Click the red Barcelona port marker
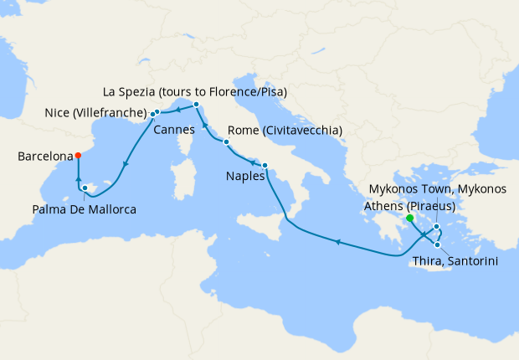pos(77,155)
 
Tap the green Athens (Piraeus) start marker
pos(409,219)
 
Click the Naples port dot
pos(265,165)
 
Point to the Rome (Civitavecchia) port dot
pos(226,142)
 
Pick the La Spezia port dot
pos(196,105)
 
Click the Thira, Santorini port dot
pos(437,244)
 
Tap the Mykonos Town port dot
pos(437,227)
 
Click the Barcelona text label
pos(44,156)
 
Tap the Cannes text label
pos(173,130)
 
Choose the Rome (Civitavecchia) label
pos(285,131)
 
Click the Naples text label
pos(245,177)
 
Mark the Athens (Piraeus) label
pos(409,205)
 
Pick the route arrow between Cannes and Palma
pos(124,165)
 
